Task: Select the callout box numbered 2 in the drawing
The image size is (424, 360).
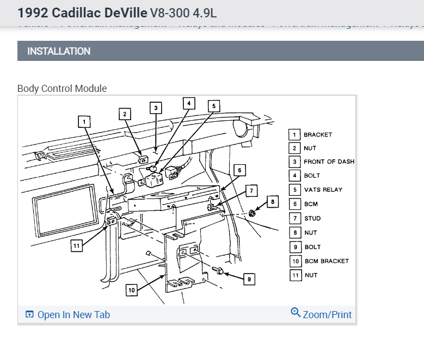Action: pyautogui.click(x=125, y=114)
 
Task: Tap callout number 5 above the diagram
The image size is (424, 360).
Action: pyautogui.click(x=214, y=106)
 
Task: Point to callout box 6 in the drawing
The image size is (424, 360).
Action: pyautogui.click(x=239, y=170)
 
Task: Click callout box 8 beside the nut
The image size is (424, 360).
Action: pyautogui.click(x=273, y=202)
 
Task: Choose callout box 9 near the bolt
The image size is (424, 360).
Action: pyautogui.click(x=249, y=279)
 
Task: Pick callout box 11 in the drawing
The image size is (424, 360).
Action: pyautogui.click(x=77, y=246)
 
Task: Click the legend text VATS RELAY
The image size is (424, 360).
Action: pyautogui.click(x=323, y=190)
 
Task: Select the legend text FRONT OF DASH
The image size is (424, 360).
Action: pyautogui.click(x=329, y=162)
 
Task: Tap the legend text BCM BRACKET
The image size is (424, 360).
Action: pyautogui.click(x=327, y=261)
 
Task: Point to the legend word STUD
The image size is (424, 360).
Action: pyautogui.click(x=312, y=219)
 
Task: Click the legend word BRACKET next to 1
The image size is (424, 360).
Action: pyautogui.click(x=318, y=134)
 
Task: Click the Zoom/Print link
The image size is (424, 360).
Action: pyautogui.click(x=327, y=315)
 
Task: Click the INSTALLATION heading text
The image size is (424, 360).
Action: pyautogui.click(x=59, y=51)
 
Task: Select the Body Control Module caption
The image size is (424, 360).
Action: pyautogui.click(x=62, y=88)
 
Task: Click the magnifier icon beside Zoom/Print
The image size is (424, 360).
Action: pyautogui.click(x=296, y=313)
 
